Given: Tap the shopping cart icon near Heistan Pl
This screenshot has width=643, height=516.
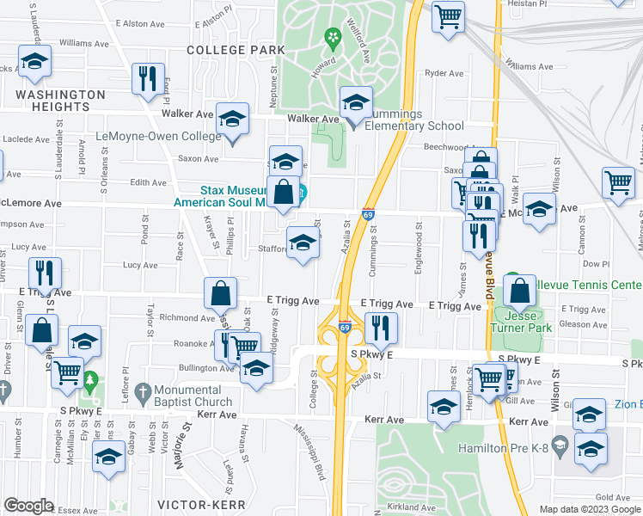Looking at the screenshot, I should pyautogui.click(x=448, y=16).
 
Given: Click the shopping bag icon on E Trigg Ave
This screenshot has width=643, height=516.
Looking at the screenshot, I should pyautogui.click(x=221, y=293).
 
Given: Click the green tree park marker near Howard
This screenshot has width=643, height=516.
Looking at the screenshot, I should pyautogui.click(x=332, y=36).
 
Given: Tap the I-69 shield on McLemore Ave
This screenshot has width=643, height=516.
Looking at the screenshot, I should pyautogui.click(x=367, y=214).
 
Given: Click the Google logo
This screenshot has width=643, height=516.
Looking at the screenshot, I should pyautogui.click(x=29, y=506).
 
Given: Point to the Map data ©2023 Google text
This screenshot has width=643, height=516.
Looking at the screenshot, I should pyautogui.click(x=590, y=509).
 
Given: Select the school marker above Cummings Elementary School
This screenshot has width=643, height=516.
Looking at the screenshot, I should pyautogui.click(x=356, y=102).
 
